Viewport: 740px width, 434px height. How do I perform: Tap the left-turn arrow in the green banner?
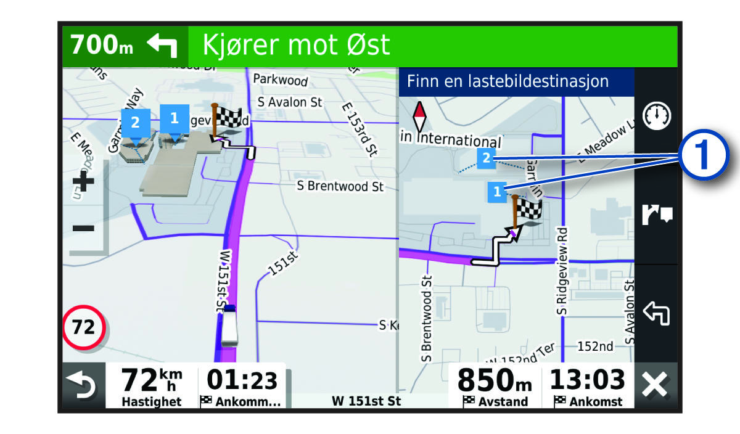(x=162, y=46)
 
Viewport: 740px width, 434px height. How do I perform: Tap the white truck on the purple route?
(x=229, y=325)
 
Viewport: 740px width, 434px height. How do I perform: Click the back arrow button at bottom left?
(x=83, y=387)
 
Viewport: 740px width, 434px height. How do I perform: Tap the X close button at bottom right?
(x=656, y=387)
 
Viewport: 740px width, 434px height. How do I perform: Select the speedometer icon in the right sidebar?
(x=657, y=117)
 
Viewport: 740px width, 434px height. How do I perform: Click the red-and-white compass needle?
(x=419, y=115)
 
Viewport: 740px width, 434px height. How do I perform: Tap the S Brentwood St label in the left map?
(x=340, y=186)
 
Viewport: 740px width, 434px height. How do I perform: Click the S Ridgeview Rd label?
(x=562, y=271)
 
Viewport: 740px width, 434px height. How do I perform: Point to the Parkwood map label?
(x=281, y=80)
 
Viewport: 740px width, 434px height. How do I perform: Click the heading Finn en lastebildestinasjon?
(x=508, y=81)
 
